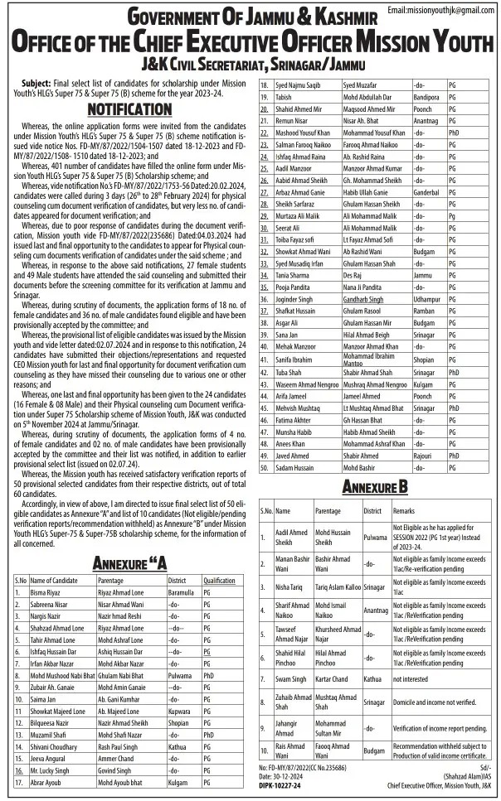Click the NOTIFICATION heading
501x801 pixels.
124,109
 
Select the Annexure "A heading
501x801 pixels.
129,563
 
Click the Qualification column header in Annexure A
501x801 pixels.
220,581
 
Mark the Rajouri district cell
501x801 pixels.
425,455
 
